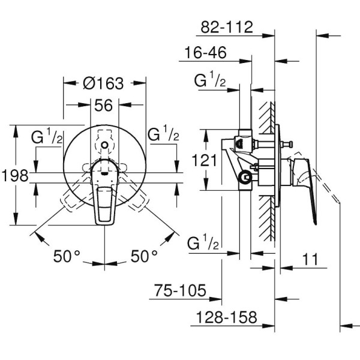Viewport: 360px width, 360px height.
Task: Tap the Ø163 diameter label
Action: [x=104, y=83]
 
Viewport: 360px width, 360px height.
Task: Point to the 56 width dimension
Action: [x=104, y=106]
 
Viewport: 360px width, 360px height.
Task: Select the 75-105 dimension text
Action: [x=179, y=292]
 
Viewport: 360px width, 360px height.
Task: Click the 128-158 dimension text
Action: [x=225, y=318]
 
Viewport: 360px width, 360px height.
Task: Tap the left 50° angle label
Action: [x=67, y=256]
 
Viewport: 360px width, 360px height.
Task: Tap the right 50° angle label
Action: [x=144, y=256]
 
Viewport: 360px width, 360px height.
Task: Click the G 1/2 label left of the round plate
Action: [x=47, y=136]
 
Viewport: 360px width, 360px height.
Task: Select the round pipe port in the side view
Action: [x=244, y=177]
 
